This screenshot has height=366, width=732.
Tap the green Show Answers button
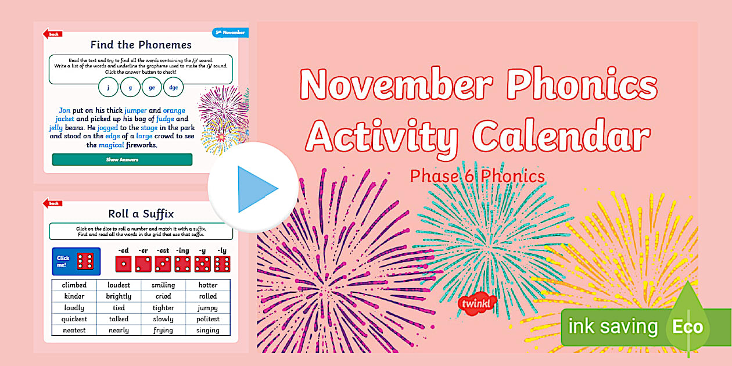[x=122, y=159]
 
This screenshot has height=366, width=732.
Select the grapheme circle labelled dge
[x=173, y=87]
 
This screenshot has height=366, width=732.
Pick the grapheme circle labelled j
[x=108, y=87]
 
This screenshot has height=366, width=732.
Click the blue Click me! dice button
[x=76, y=261]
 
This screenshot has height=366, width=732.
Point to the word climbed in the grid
[x=74, y=285]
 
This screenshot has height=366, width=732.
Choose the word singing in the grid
[x=207, y=331]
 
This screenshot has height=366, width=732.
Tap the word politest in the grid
[x=207, y=319]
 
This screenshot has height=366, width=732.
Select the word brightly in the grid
[x=119, y=296]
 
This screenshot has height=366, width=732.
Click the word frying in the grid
[x=163, y=331]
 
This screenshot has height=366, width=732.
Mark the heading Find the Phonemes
[x=141, y=44]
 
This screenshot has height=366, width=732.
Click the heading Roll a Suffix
[x=141, y=213]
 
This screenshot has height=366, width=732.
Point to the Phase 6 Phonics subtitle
[x=478, y=176]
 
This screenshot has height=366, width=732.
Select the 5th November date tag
[x=230, y=33]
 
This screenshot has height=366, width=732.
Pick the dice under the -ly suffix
[x=222, y=264]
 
